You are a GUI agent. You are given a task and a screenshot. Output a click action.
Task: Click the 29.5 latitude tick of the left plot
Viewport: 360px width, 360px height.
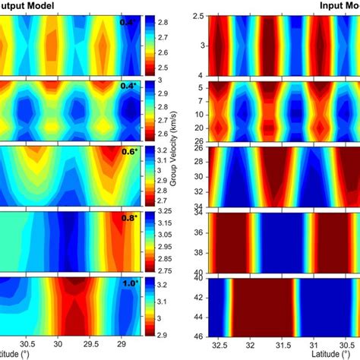[93, 343]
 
